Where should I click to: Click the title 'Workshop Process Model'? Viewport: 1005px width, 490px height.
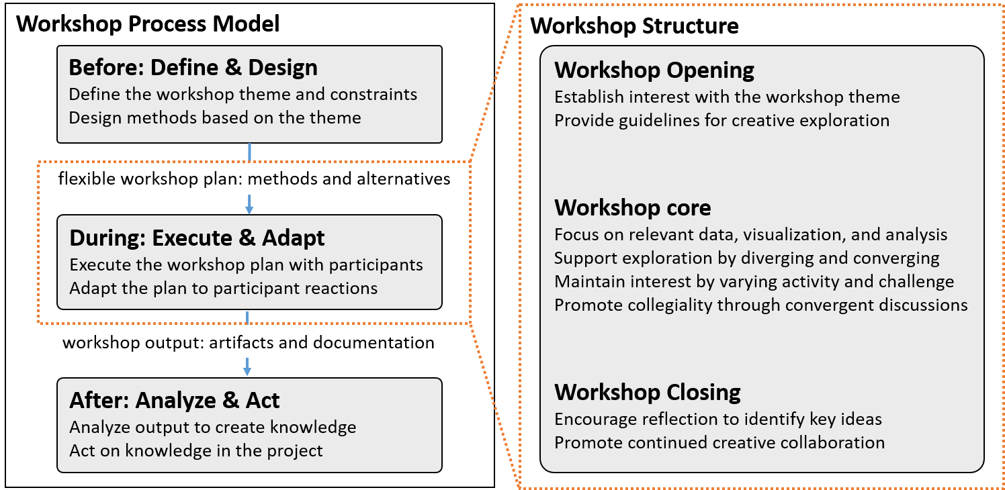148,24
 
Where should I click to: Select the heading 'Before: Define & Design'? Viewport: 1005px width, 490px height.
193,68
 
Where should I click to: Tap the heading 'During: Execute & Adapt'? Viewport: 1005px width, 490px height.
197,238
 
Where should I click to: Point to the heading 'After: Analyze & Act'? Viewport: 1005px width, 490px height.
175,400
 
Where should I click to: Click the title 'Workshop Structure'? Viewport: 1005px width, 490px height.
634,26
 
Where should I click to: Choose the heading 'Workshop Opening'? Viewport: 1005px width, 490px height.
654,70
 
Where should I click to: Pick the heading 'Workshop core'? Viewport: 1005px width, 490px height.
633,208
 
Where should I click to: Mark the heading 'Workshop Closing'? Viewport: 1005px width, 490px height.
648,392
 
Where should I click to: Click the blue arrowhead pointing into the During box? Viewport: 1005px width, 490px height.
249,209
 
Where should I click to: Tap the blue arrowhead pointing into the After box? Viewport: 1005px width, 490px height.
247,371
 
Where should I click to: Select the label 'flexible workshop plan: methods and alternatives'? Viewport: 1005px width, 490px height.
254,179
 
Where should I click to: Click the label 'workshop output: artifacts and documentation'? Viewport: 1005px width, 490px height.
248,343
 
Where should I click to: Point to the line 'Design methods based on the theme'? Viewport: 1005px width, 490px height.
215,118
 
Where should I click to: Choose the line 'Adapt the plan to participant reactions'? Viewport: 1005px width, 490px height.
224,288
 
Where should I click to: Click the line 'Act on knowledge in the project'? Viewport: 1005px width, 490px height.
196,451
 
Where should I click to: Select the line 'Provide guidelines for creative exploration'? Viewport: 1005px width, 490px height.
722,121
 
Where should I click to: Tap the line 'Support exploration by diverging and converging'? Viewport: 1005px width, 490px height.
747,258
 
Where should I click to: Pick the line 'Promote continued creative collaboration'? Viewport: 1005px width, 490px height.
719,443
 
